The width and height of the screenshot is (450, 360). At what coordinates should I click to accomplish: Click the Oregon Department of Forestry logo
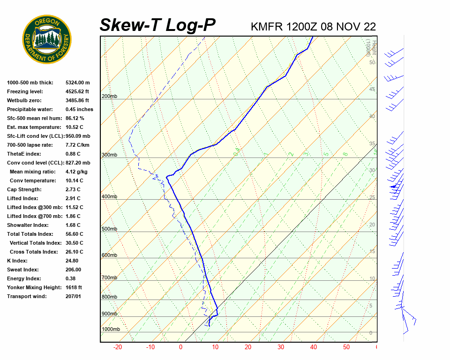point(47,39)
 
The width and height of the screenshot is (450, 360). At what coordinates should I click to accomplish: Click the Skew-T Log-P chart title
point(157,25)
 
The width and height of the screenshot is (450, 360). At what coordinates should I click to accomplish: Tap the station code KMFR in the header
point(267,27)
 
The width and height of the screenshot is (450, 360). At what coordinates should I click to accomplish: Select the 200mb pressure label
point(109,97)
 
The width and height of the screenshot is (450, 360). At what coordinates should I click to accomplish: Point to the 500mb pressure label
point(109,229)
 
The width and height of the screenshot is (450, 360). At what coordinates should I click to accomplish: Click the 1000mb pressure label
point(111,330)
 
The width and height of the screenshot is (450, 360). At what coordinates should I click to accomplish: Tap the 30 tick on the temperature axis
point(281,347)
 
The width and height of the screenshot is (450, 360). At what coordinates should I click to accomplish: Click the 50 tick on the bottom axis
point(346,347)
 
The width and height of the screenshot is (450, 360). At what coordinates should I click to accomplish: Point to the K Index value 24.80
point(73,261)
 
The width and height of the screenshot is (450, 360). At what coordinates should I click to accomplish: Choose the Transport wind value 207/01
point(74,296)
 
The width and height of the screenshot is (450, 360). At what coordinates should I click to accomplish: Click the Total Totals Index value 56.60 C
point(75,234)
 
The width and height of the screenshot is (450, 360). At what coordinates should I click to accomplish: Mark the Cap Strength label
point(24,189)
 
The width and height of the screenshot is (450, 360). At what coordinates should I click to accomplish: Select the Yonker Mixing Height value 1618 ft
point(74,287)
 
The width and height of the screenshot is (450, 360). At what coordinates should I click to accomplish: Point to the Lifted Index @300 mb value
point(75,207)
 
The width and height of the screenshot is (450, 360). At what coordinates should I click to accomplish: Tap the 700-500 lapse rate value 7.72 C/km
point(77,145)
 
